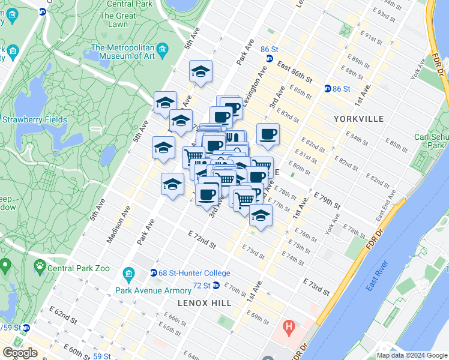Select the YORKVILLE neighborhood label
coord(359,119)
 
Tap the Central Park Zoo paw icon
coord(40,265)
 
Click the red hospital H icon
coord(289,328)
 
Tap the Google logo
coord(19,353)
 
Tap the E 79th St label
coord(327,201)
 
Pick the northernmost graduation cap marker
coord(200,73)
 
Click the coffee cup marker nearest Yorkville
coord(268,134)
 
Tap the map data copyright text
coord(412,355)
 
